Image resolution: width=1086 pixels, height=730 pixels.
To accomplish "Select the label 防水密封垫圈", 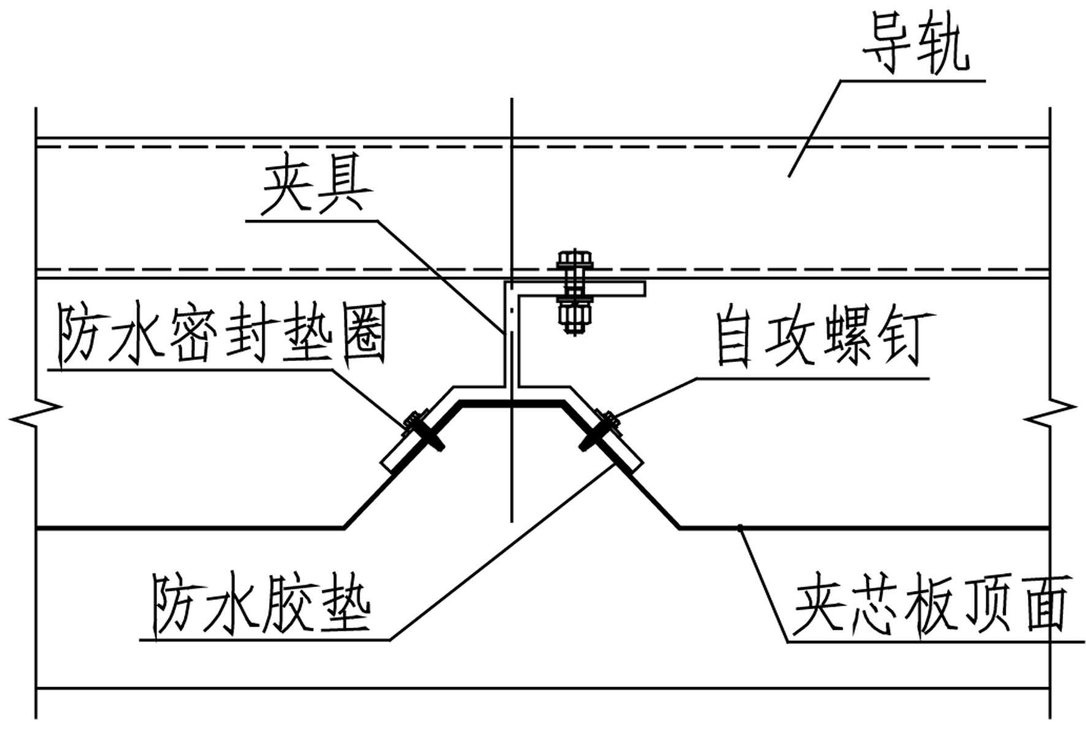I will [x=221, y=334].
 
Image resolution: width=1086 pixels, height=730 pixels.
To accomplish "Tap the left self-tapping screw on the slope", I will [x=423, y=430].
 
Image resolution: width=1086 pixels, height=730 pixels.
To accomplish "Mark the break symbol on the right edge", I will [x=1050, y=413].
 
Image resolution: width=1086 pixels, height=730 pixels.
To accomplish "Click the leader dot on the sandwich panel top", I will [x=740, y=527].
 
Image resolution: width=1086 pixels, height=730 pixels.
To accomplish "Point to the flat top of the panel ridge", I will [x=512, y=403].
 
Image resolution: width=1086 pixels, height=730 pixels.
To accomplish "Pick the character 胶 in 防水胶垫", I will [x=288, y=604].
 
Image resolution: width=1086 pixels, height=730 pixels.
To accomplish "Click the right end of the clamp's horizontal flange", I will [x=644, y=288].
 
